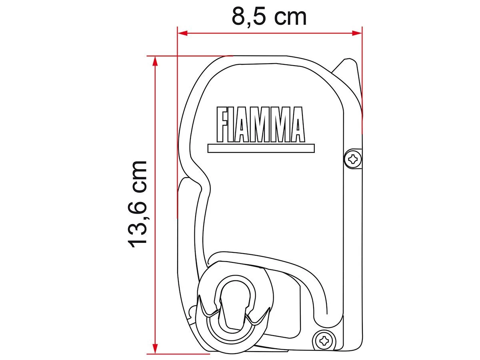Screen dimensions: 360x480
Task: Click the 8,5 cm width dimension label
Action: click(269, 17)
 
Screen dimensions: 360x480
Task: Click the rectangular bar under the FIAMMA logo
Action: click(261, 148)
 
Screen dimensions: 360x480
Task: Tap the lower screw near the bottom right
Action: click(323, 340)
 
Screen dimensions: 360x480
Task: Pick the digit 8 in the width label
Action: click(238, 17)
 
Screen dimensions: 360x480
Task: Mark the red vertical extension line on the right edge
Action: click(362, 80)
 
